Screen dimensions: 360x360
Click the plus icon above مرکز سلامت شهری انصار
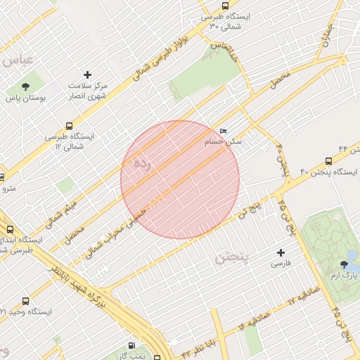[87, 75]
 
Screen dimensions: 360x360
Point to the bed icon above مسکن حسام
[223, 131]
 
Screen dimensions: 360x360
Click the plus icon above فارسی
[281, 252]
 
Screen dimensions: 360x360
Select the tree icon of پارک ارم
[344, 264]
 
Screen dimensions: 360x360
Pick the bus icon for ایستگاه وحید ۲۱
[26, 300]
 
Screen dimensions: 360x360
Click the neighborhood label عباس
[18, 60]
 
